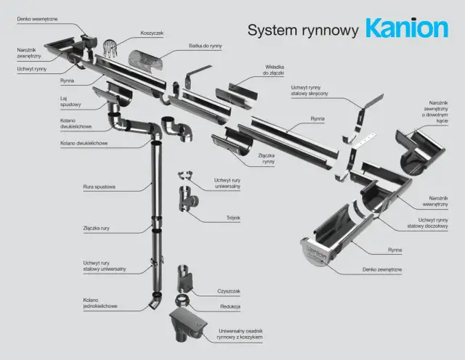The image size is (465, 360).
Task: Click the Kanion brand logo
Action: (407, 28)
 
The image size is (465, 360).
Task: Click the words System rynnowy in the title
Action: (303, 30)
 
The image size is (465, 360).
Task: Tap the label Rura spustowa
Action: (99, 187)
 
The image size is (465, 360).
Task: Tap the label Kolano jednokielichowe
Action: (100, 303)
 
